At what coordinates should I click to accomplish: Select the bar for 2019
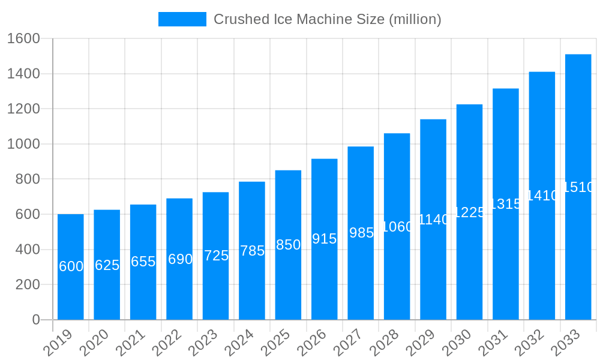coord(71,267)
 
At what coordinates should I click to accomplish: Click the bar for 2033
coord(578,187)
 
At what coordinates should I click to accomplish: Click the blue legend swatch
coord(182,19)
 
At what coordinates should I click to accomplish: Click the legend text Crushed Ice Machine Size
coord(327,19)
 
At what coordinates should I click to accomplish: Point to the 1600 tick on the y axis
coord(23,39)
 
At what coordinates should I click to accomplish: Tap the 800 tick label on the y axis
coord(28,179)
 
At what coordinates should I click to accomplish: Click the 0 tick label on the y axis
coord(36,320)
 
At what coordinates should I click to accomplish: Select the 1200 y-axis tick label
coord(23,109)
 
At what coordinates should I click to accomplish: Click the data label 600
coord(71,266)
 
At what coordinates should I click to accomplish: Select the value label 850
coord(288,245)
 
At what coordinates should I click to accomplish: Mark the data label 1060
coord(397,227)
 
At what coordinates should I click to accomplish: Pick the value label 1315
coord(506,204)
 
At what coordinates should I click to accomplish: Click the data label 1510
coord(578,187)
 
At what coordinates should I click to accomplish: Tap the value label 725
coord(216,256)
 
